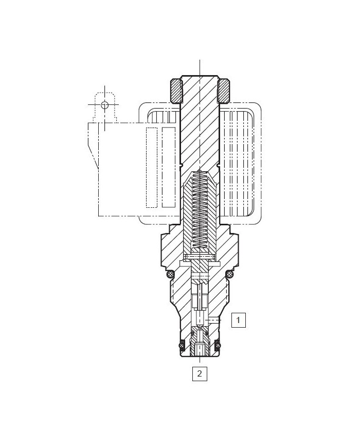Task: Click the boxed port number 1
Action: (238, 320)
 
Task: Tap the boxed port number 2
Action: (200, 373)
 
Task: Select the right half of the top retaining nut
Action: (224, 91)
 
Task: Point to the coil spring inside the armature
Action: (200, 211)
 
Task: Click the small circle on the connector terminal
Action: (105, 105)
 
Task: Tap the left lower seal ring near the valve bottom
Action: (181, 344)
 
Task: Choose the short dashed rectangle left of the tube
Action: (151, 167)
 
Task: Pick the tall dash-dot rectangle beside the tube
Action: (169, 167)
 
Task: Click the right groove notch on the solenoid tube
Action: (219, 165)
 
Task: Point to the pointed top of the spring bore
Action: (200, 173)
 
